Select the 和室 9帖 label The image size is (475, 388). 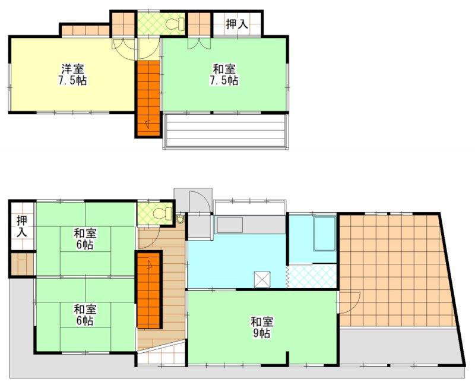pyautogui.click(x=262, y=327)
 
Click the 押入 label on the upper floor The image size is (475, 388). pyautogui.click(x=237, y=24)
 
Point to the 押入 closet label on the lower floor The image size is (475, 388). pyautogui.click(x=22, y=226)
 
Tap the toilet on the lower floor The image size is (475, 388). pyautogui.click(x=162, y=213)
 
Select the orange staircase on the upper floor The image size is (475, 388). pyautogui.click(x=148, y=98)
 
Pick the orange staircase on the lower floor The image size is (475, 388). pyautogui.click(x=148, y=290)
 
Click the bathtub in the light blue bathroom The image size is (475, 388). pyautogui.click(x=325, y=234)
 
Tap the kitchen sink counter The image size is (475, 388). pyautogui.click(x=249, y=225)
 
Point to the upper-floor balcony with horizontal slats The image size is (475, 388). pyautogui.click(x=224, y=131)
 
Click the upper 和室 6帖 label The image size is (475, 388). pyautogui.click(x=85, y=239)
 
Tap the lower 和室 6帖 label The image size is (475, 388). pyautogui.click(x=85, y=315)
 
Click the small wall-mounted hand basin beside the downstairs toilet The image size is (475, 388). pyautogui.click(x=180, y=219)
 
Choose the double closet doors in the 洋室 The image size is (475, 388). pyautogui.click(x=123, y=44)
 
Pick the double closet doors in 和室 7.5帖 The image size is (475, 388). pyautogui.click(x=199, y=43)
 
